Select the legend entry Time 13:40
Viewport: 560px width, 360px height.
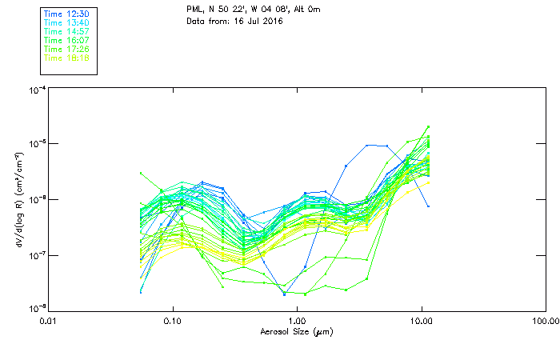point(66,23)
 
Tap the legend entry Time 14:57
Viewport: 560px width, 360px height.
point(66,31)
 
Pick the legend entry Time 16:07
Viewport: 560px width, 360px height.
point(66,40)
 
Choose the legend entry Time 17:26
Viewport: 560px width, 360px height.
point(66,49)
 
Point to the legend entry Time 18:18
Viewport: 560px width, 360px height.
point(66,58)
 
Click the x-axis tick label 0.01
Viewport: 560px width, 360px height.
point(49,322)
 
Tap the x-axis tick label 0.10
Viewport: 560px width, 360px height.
point(173,322)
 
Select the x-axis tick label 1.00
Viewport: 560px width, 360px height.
point(297,322)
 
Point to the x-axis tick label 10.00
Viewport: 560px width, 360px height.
point(421,322)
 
